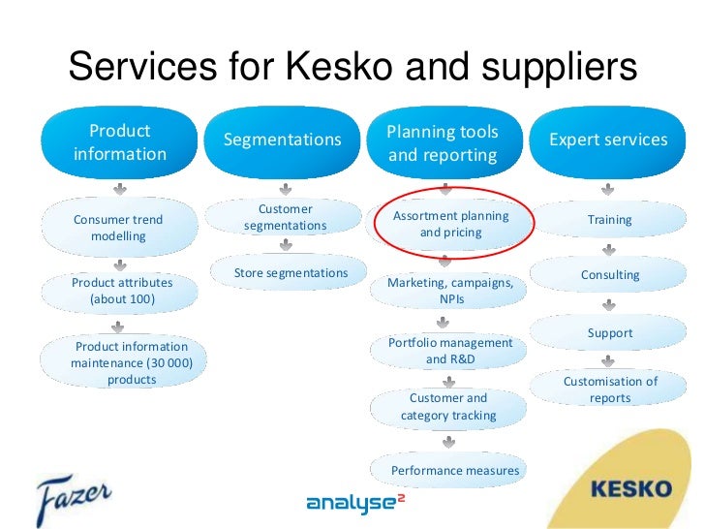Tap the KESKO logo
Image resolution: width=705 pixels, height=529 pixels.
point(630,487)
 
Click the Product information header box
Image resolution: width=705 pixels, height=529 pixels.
point(120,142)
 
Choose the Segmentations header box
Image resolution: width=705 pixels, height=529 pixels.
point(283,140)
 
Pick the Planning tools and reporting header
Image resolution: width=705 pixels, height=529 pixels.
point(444,143)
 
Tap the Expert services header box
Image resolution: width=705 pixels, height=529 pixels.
point(608,140)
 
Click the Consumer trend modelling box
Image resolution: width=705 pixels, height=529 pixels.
point(118,228)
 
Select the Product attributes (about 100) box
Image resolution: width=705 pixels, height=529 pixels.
point(122,291)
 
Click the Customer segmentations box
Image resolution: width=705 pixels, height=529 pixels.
point(286,217)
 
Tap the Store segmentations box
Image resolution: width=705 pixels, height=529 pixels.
point(291,273)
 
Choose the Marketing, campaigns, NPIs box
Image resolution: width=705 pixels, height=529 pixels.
point(450,291)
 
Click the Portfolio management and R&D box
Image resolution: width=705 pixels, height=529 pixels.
point(450,351)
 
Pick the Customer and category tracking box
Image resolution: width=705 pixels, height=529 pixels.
point(448,407)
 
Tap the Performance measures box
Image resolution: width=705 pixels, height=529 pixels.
point(454,471)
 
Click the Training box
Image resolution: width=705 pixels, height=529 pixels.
point(610,220)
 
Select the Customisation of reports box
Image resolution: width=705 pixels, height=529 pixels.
point(610,389)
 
